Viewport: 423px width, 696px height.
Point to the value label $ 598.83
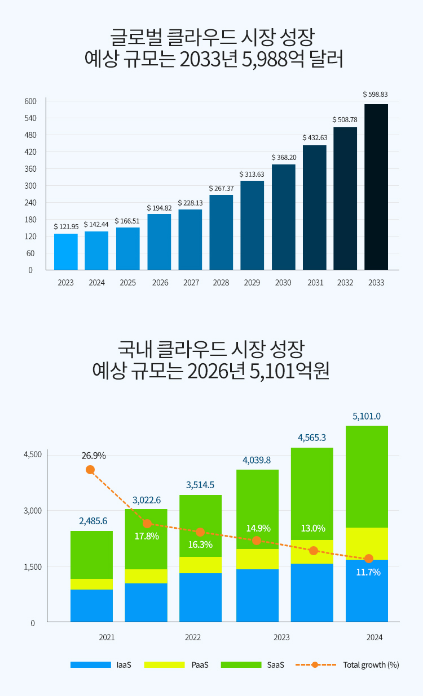[375, 95]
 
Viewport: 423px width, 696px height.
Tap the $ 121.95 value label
[66, 226]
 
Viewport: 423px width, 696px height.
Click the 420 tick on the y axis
[30, 152]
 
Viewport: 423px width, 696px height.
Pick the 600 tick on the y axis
[30, 101]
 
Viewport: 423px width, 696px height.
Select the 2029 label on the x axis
[252, 283]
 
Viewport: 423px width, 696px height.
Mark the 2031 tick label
[315, 283]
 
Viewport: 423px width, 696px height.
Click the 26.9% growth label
[94, 456]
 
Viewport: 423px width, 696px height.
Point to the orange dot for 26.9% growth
[90, 470]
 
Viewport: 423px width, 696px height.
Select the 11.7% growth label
[368, 572]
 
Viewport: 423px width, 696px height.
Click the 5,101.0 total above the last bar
[367, 417]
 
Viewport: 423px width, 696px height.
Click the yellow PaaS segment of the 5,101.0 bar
[367, 543]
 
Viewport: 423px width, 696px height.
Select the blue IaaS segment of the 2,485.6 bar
[91, 605]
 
